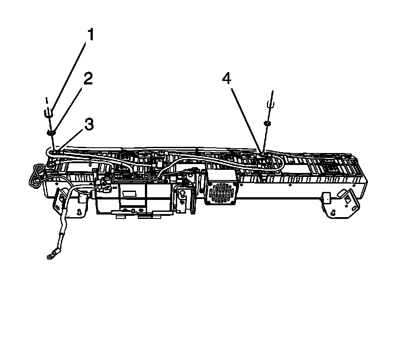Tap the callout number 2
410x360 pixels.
pyautogui.click(x=88, y=79)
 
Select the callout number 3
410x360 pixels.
pyautogui.click(x=89, y=125)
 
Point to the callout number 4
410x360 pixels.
pyautogui.click(x=226, y=79)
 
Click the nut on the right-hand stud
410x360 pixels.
pyautogui.click(x=266, y=123)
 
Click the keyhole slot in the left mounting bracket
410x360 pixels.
pyautogui.click(x=79, y=212)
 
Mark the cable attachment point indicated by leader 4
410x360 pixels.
pyautogui.click(x=262, y=154)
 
